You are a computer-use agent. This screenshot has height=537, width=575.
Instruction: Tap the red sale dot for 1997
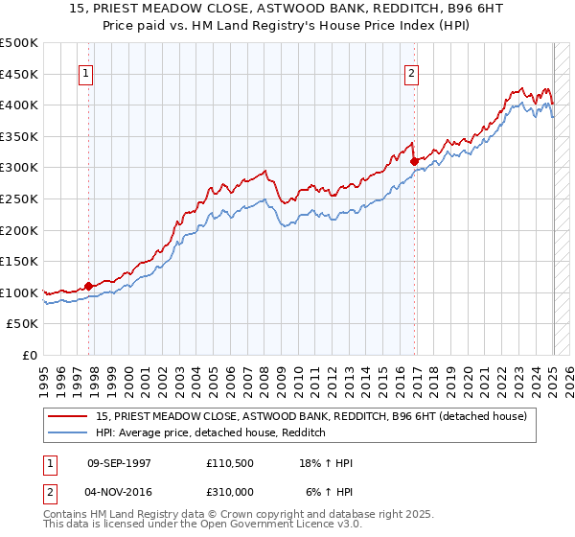coord(88,286)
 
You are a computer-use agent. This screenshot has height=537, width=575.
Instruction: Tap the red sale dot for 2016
coord(413,162)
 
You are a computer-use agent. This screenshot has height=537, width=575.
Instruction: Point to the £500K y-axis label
coord(19,43)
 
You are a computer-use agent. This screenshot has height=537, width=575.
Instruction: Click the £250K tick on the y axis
coord(19,198)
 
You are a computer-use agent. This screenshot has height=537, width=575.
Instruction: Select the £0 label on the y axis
coord(31,355)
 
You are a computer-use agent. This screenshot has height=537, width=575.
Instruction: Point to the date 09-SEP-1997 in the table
coord(119,464)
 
